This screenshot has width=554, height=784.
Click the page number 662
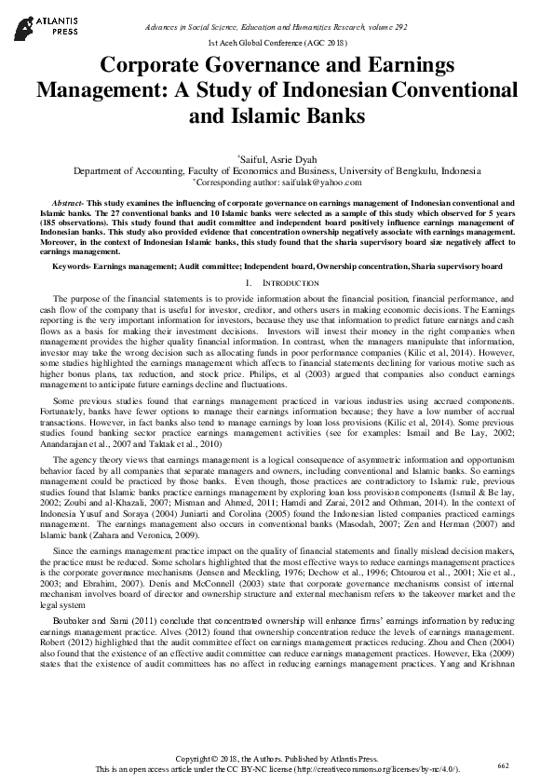pyautogui.click(x=504, y=765)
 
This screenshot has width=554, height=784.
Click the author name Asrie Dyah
pyautogui.click(x=296, y=160)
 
